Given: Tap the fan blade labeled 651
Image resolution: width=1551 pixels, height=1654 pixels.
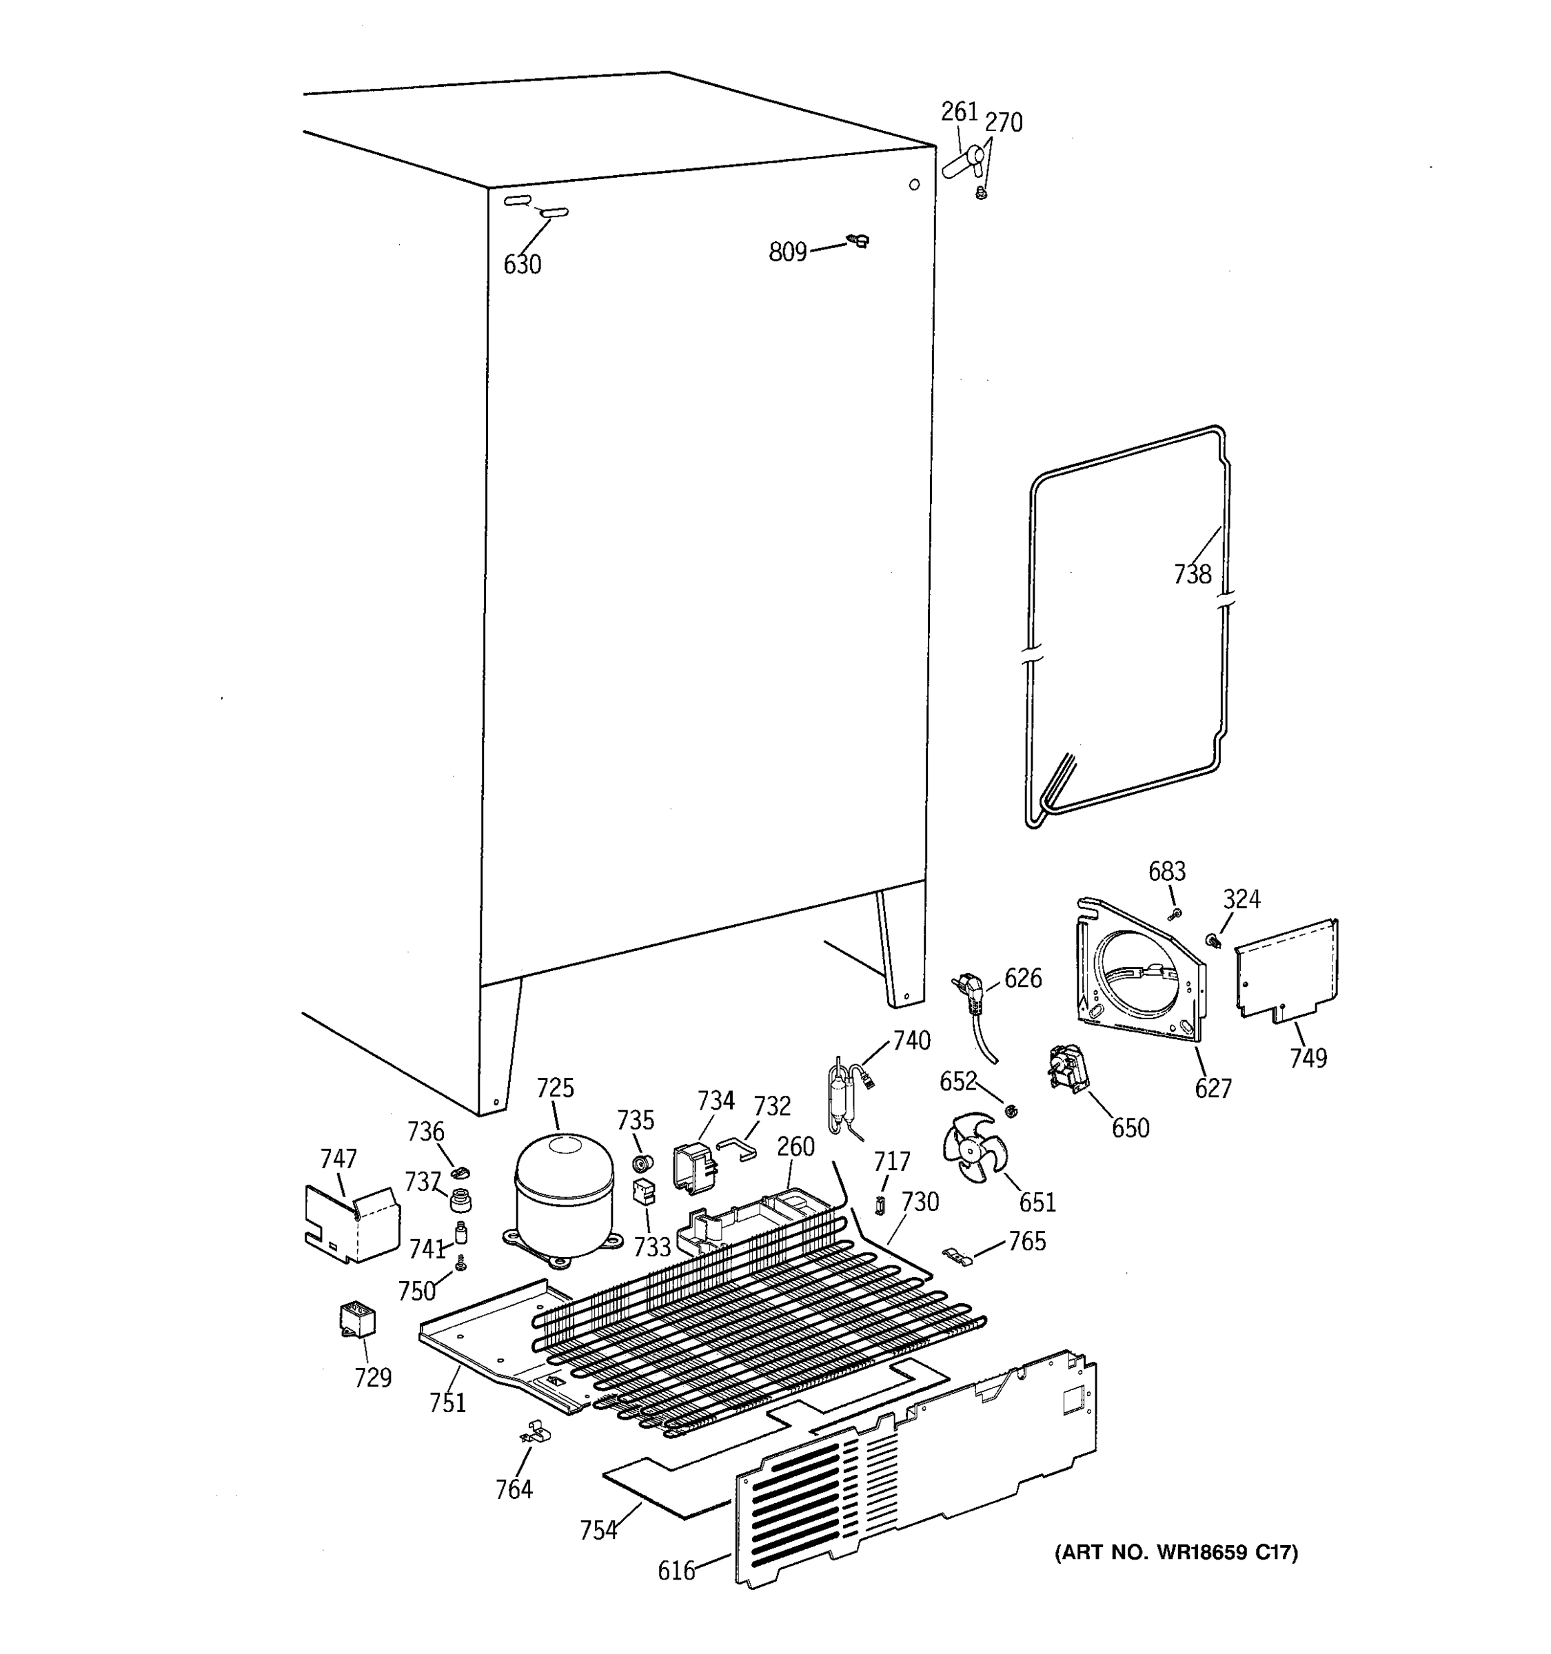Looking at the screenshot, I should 973,1148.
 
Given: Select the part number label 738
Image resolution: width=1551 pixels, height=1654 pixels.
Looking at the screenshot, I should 1193,574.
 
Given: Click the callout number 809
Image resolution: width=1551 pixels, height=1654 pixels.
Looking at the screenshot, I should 787,252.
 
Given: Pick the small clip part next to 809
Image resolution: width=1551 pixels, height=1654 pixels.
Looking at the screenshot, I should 858,241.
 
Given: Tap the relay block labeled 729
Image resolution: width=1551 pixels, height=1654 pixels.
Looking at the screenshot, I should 357,1320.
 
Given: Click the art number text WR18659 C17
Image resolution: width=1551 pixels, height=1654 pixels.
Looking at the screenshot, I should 1176,1552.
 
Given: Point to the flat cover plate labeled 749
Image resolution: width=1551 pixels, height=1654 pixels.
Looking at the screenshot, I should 1286,968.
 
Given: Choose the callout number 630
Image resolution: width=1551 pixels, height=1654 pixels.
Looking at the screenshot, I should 522,265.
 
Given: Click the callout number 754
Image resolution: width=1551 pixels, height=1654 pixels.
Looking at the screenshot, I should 598,1529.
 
